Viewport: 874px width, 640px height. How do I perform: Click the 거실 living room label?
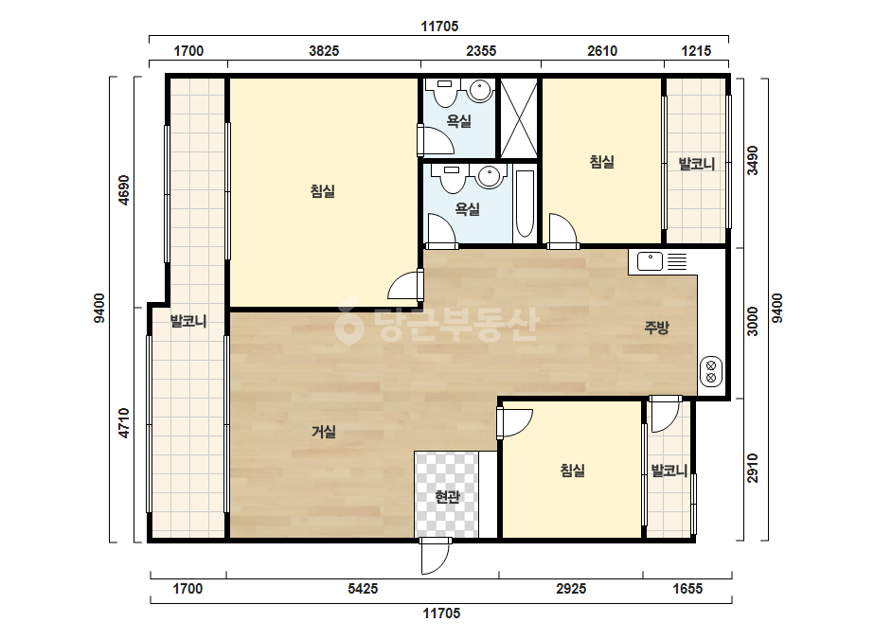pyautogui.click(x=323, y=432)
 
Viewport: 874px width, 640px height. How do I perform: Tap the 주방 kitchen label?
pyautogui.click(x=656, y=328)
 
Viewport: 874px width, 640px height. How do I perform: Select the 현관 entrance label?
pyautogui.click(x=447, y=496)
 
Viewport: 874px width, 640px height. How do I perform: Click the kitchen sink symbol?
pyautogui.click(x=650, y=261)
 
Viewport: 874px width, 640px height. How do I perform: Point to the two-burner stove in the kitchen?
pyautogui.click(x=711, y=372)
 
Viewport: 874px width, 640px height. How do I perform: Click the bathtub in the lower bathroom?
pyautogui.click(x=525, y=204)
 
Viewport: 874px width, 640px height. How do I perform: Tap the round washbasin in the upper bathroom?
pyautogui.click(x=479, y=89)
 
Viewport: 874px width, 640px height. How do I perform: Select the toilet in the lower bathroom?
pyautogui.click(x=452, y=178)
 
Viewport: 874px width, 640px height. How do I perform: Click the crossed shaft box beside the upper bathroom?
pyautogui.click(x=518, y=117)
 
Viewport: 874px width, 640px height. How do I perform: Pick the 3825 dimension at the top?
pyautogui.click(x=324, y=51)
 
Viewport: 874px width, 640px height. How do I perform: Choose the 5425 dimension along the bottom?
pyautogui.click(x=363, y=588)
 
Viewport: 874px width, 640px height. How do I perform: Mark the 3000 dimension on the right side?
pyautogui.click(x=753, y=322)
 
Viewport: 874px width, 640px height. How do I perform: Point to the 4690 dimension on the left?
pyautogui.click(x=124, y=190)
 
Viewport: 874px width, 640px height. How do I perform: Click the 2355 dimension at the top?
pyautogui.click(x=481, y=51)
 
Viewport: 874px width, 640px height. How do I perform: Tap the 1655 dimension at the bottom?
pyautogui.click(x=687, y=588)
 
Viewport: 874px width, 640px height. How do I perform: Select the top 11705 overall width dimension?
pyautogui.click(x=439, y=27)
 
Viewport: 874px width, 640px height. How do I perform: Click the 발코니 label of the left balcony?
pyautogui.click(x=188, y=321)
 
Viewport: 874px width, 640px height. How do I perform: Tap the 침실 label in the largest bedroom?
pyautogui.click(x=323, y=191)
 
